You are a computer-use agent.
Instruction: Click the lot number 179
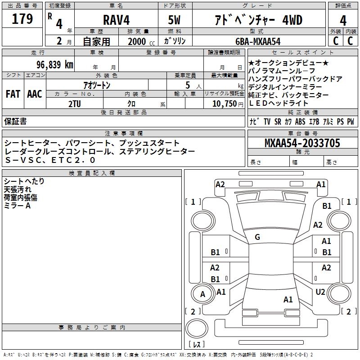tap(22, 19)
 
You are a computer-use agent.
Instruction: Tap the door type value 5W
tap(175, 20)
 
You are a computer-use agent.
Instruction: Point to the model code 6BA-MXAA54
tap(257, 41)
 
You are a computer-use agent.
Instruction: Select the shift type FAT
tap(13, 94)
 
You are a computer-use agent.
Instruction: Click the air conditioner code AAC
tap(34, 94)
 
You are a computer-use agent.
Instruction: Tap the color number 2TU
tap(74, 103)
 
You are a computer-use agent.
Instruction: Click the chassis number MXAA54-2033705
tap(302, 143)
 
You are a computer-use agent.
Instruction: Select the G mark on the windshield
tap(257, 237)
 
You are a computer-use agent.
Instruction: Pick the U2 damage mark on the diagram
tap(320, 292)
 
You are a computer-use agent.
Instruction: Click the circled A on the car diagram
tap(202, 294)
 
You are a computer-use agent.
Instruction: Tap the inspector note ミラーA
tap(17, 205)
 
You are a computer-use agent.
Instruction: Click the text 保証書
tap(15, 121)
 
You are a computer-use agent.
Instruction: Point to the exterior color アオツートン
tap(97, 85)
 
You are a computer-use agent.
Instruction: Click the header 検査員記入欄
tap(92, 173)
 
